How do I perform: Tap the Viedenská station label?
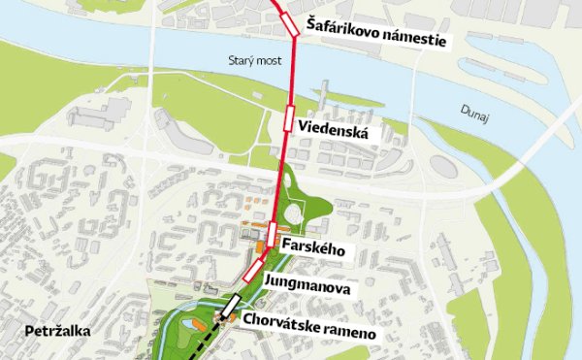335,128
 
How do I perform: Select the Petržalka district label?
52,331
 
